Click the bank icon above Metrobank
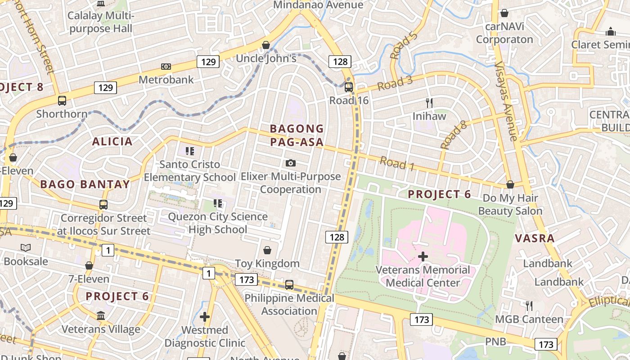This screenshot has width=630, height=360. tap(166, 67)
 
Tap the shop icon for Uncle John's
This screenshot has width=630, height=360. tap(266, 45)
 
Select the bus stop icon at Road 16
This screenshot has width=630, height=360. tap(348, 87)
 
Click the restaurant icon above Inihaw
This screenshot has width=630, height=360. tap(429, 103)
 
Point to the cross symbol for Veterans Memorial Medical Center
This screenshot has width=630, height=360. tap(423, 256)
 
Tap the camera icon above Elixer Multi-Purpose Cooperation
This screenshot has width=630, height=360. tap(291, 163)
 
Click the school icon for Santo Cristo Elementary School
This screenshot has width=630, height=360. tap(189, 151)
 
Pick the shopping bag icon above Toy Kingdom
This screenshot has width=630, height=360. tap(267, 250)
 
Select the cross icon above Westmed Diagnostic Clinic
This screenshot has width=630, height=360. tap(205, 317)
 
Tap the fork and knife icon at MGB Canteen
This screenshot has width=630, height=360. tap(529, 306)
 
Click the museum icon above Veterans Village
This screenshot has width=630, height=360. tap(101, 316)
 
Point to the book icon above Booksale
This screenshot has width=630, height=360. tap(26, 247)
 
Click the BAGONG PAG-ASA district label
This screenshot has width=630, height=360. tap(297, 135)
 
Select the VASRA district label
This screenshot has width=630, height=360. tap(535, 238)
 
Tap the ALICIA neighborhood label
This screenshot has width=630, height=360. tap(112, 142)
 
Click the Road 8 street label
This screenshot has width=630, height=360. tap(453, 135)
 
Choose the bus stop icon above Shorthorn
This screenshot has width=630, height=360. tap(62, 101)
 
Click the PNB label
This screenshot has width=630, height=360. tap(495, 342)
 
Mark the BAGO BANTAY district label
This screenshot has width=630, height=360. tap(85, 184)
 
